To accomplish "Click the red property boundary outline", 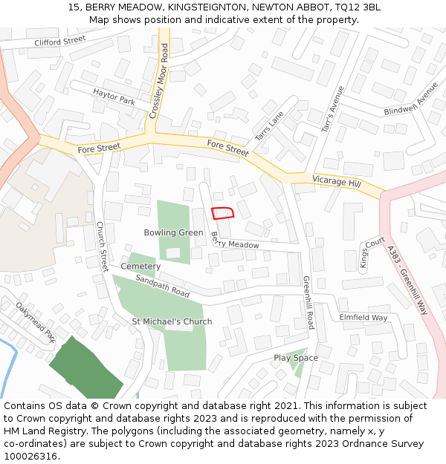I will coord(222,213).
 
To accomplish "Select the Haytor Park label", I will coord(114,97).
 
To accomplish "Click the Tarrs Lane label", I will coord(270,125).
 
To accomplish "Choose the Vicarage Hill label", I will coord(336,181).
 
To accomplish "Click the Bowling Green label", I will coord(173,232).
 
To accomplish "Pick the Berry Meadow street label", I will coord(235,242).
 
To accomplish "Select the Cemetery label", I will coord(140,266).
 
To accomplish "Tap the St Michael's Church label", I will coord(172,321).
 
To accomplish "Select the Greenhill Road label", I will coord(308,302).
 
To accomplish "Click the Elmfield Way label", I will coord(363,318).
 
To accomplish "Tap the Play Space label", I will coord(296,358).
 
